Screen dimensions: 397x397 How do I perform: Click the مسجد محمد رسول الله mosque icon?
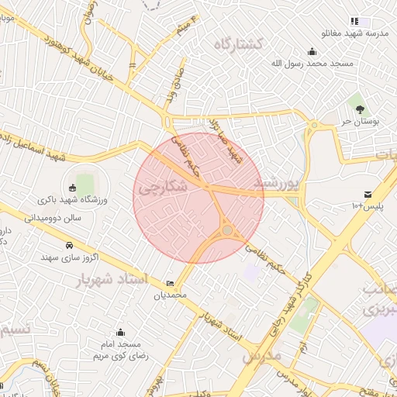click(x=312, y=51)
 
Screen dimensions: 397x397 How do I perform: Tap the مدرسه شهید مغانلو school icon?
click(x=354, y=21)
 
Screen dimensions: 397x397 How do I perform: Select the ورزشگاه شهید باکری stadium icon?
click(x=72, y=187)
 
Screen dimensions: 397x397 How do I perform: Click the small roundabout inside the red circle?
click(x=226, y=230)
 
